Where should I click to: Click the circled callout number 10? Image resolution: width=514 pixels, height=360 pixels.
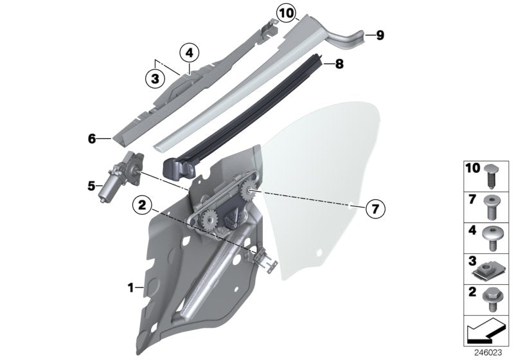pyautogui.click(x=285, y=12)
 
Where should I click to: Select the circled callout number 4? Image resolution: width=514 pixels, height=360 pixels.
pyautogui.click(x=190, y=52)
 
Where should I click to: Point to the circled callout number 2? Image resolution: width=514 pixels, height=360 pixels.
pyautogui.click(x=142, y=206)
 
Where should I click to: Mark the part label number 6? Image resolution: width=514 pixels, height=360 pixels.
pyautogui.click(x=91, y=138)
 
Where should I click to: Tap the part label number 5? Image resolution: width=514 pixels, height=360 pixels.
pyautogui.click(x=91, y=187)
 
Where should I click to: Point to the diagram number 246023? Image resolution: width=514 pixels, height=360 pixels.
pyautogui.click(x=488, y=352)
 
